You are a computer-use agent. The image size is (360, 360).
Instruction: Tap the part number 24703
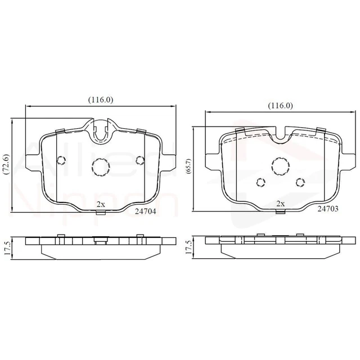tap(328, 208)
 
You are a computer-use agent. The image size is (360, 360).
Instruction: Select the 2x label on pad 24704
tap(100, 204)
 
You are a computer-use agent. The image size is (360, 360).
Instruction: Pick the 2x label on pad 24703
tap(280, 204)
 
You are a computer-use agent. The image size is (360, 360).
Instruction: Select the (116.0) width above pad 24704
tap(101, 100)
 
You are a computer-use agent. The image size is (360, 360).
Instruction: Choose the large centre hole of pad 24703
tap(280, 165)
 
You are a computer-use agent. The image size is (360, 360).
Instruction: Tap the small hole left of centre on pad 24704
tap(62, 159)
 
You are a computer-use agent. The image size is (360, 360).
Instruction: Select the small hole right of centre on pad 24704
tap(139, 159)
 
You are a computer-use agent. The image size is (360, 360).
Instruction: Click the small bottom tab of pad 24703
tap(280, 211)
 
